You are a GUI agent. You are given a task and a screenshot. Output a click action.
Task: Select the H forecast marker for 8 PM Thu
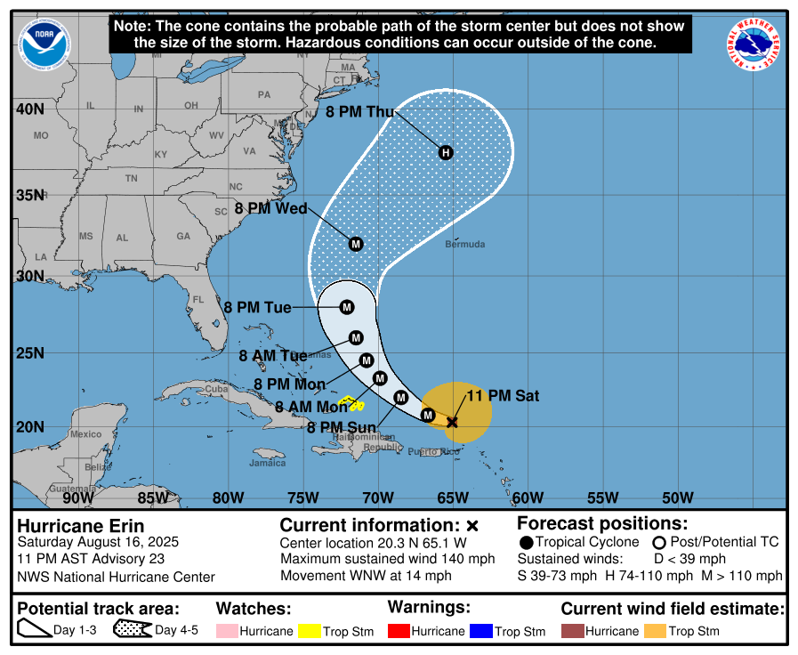446,152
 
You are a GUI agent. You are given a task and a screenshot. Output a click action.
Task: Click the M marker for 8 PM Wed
356,244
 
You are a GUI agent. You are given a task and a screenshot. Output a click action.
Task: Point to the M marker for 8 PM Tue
347,307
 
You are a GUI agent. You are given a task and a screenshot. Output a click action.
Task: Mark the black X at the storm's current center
452,422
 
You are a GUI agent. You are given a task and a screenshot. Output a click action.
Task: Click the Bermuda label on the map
465,244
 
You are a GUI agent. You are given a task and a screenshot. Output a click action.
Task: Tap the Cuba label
217,389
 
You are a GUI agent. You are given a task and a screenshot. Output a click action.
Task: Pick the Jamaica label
268,463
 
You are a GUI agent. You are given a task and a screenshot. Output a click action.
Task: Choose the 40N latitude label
30,109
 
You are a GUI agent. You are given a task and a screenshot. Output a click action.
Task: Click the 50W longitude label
678,497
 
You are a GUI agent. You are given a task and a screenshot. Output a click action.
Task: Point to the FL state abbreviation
198,299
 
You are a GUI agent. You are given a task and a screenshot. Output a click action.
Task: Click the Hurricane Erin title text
80,526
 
